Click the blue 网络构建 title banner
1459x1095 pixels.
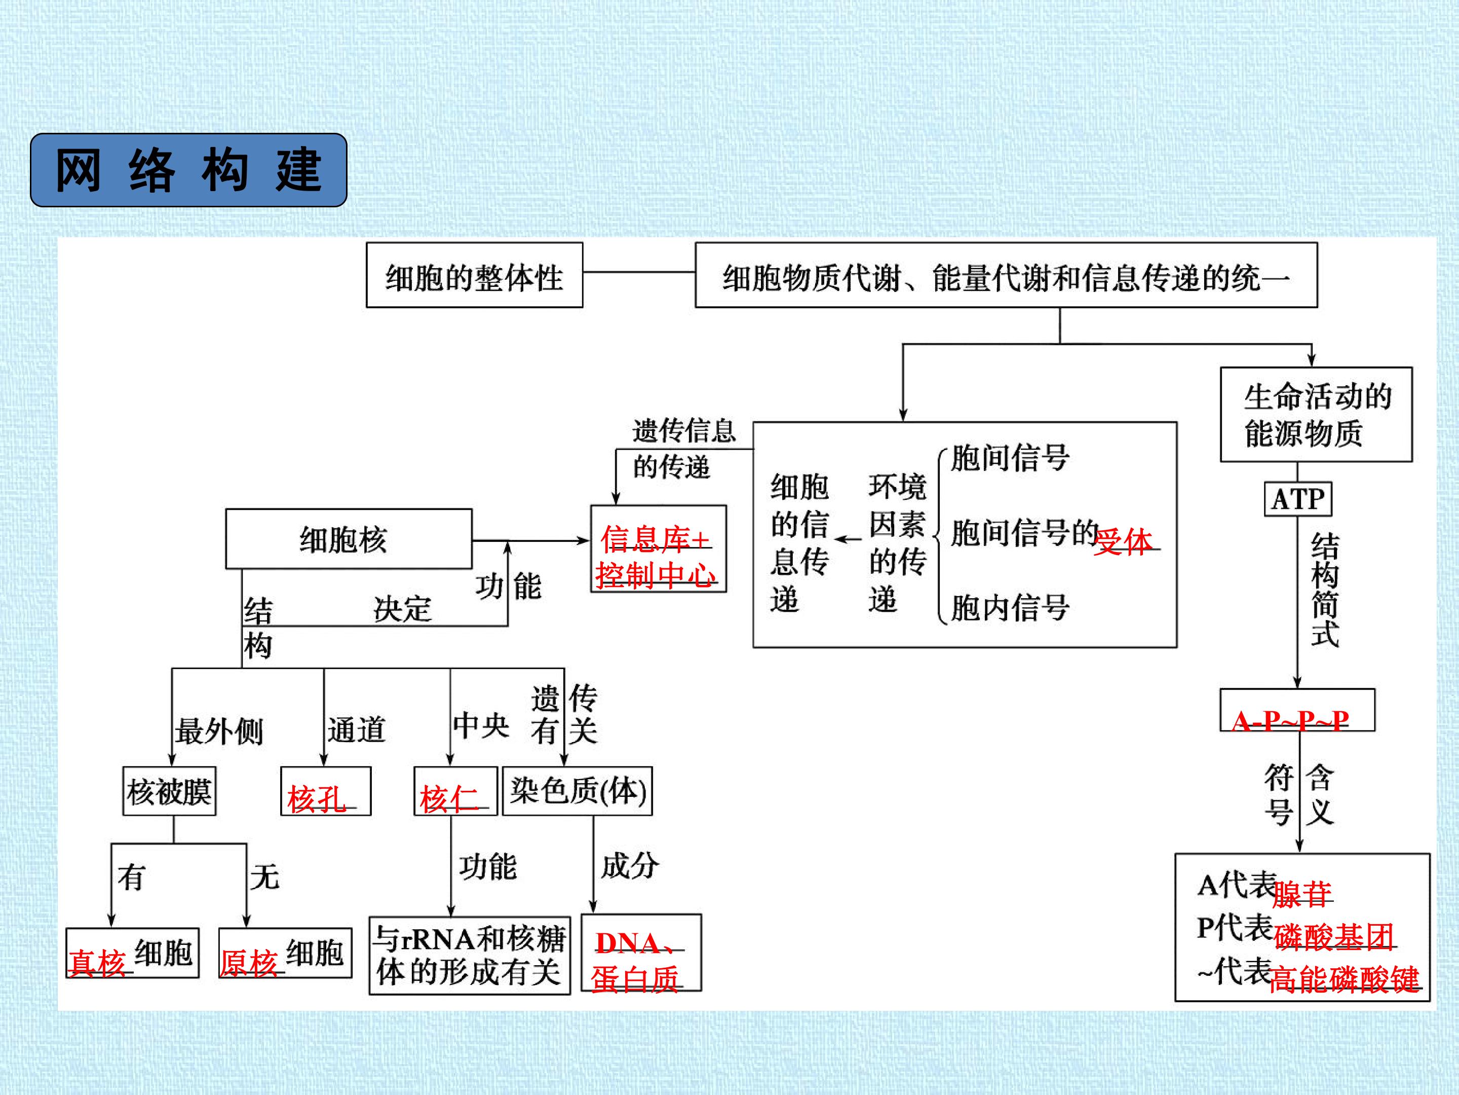[188, 170]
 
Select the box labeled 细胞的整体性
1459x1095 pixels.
[474, 275]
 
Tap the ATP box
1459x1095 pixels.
[1297, 499]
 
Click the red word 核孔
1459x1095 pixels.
[317, 799]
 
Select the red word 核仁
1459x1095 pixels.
[448, 799]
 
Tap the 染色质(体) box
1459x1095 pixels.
[577, 791]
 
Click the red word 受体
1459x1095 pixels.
[1123, 541]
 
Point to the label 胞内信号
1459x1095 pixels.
[1010, 607]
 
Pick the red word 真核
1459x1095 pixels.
[97, 962]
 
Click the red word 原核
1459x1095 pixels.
[249, 962]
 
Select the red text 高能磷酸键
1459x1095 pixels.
[1343, 979]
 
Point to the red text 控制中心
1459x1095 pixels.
[655, 575]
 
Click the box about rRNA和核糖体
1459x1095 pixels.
[470, 955]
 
